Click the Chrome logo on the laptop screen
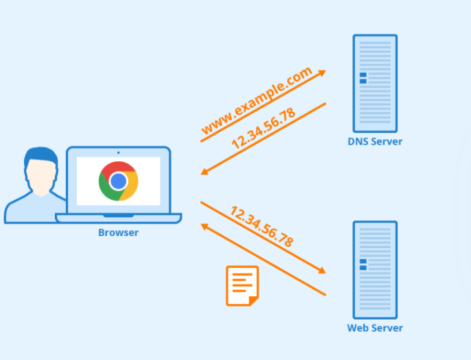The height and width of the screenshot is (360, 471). click(x=118, y=181)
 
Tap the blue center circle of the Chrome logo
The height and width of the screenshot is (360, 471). click(x=118, y=181)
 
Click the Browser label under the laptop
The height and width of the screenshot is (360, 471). click(x=118, y=232)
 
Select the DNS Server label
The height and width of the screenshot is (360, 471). click(x=374, y=142)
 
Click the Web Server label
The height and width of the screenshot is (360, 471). click(x=374, y=328)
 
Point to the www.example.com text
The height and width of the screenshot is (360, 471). click(x=256, y=101)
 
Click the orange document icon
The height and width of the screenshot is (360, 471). click(x=242, y=285)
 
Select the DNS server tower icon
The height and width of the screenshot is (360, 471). click(x=374, y=83)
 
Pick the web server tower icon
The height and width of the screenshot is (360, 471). click(x=374, y=269)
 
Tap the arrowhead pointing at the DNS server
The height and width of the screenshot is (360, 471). click(x=322, y=72)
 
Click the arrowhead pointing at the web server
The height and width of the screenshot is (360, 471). click(x=322, y=272)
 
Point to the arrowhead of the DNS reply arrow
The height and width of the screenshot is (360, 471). click(x=204, y=172)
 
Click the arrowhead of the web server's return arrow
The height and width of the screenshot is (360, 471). click(x=204, y=226)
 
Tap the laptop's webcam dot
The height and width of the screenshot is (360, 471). click(x=118, y=152)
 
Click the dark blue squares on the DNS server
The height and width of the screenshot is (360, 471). click(x=363, y=78)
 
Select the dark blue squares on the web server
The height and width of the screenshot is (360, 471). click(x=363, y=264)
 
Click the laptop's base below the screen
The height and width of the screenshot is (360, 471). click(x=118, y=218)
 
